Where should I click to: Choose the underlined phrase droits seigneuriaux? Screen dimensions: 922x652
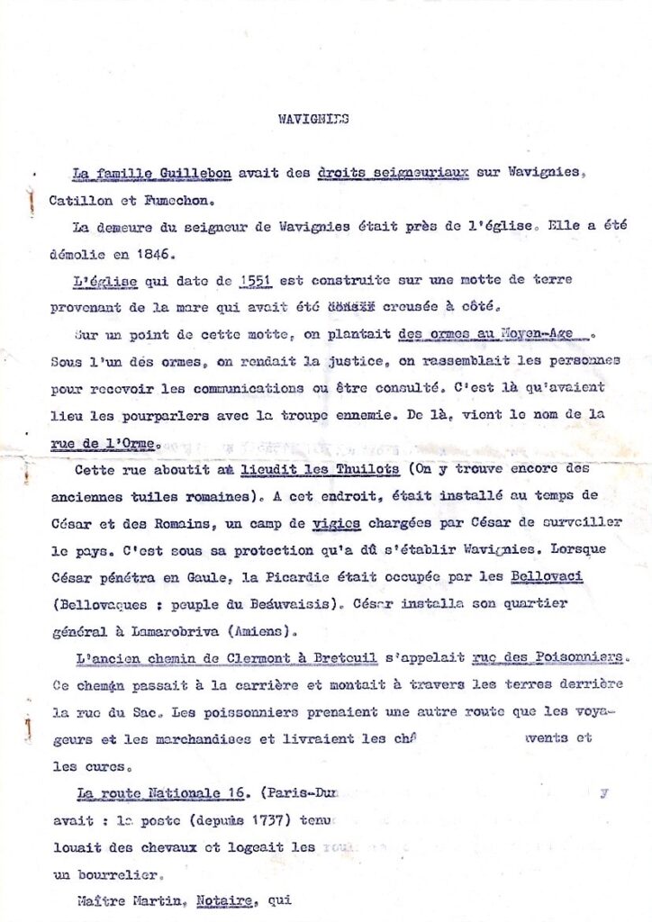(x=394, y=172)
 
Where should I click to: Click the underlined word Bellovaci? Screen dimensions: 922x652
(x=546, y=576)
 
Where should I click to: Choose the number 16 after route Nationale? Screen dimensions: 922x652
(x=237, y=793)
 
